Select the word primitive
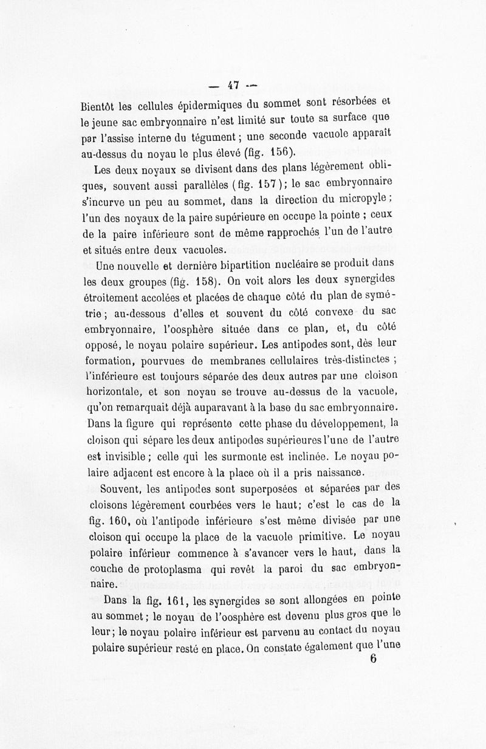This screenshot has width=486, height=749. point(318,535)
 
